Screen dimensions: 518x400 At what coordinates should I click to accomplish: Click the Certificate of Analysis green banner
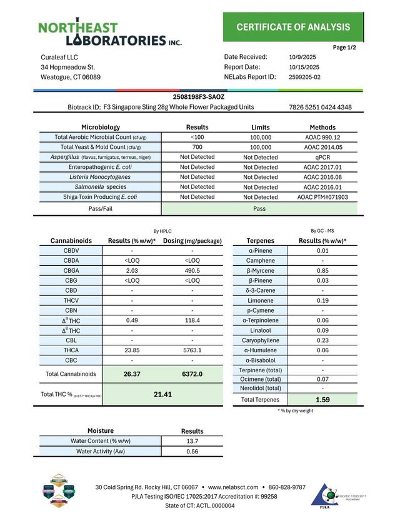(293, 27)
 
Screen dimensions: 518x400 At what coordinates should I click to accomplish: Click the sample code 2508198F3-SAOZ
(198, 97)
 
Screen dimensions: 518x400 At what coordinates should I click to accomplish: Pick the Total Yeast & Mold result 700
(197, 147)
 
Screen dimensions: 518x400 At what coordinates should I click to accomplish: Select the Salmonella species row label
(101, 187)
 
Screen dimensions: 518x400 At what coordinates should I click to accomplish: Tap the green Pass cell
(260, 208)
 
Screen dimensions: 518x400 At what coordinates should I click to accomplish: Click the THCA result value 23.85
(131, 350)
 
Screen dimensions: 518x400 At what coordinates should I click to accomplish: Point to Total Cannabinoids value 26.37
(131, 374)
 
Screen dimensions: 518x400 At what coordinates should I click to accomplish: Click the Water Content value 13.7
(192, 441)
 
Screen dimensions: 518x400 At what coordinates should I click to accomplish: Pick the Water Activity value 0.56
(192, 451)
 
